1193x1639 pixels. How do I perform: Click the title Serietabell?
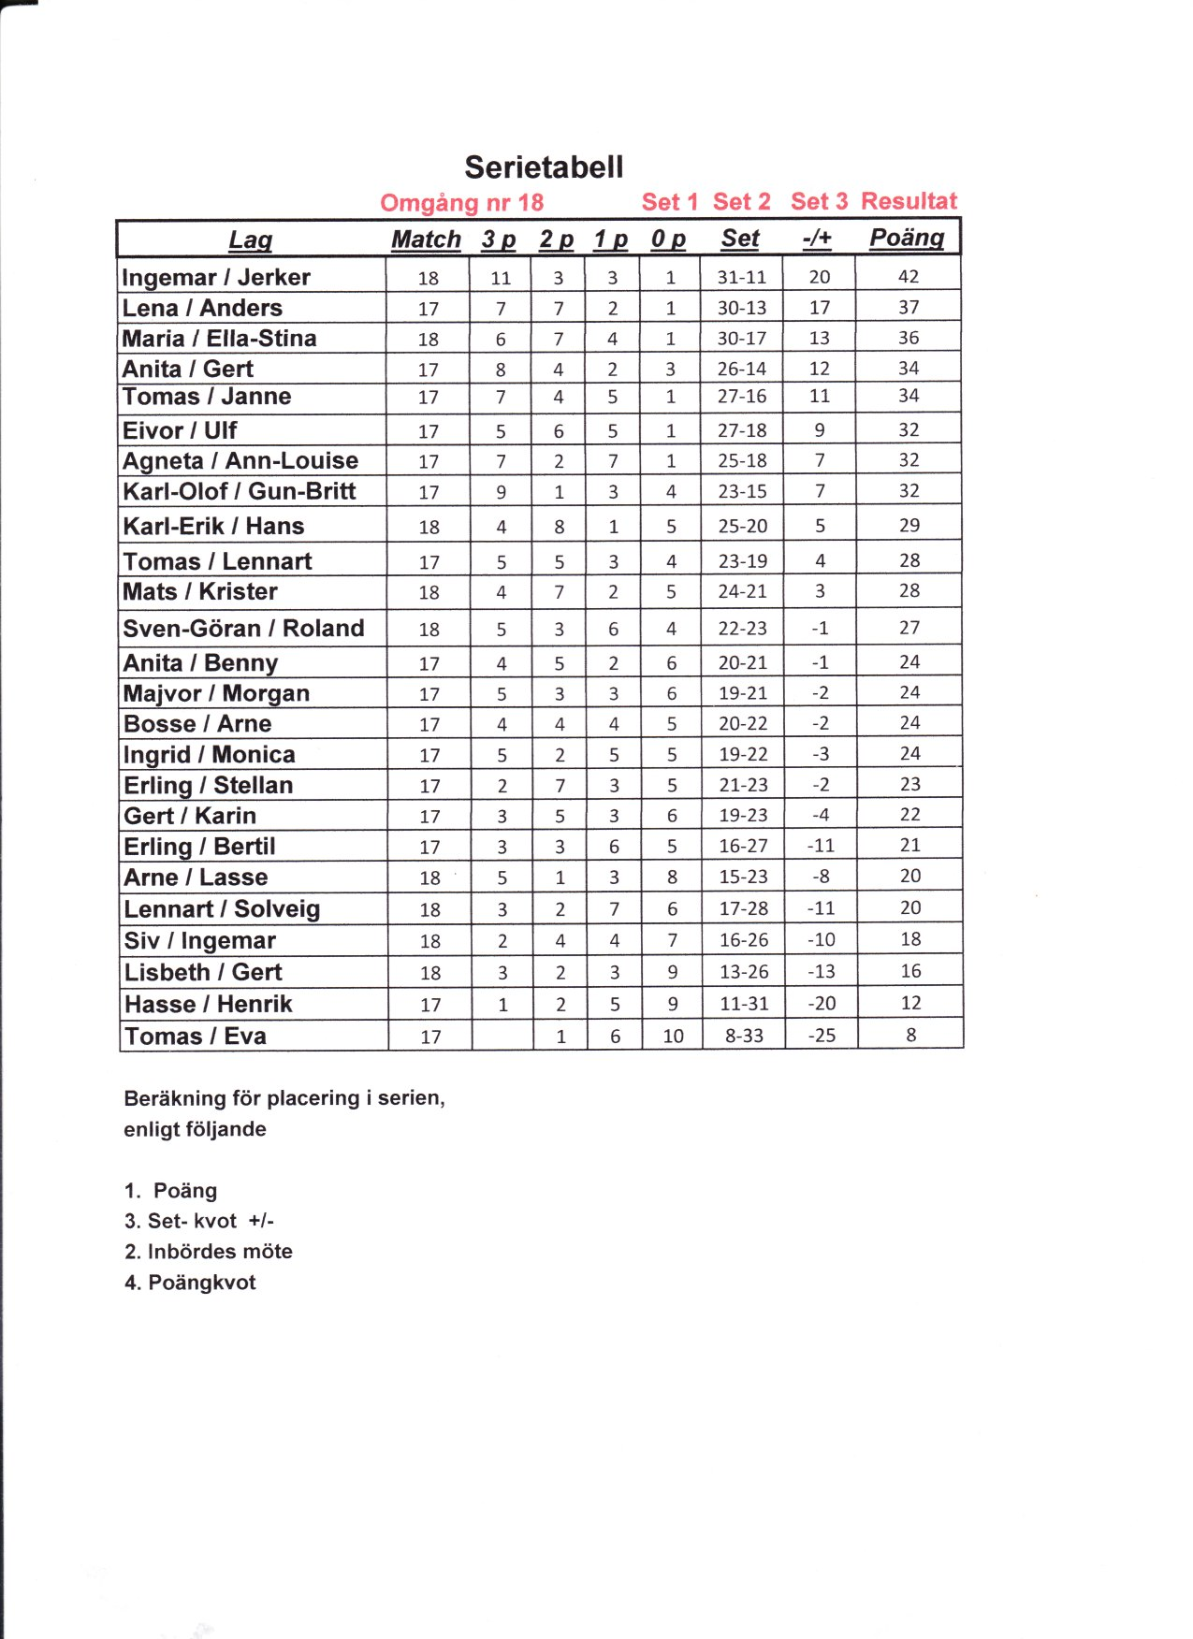coord(544,167)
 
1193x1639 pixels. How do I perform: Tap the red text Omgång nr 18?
coord(461,203)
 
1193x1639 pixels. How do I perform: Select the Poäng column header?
coord(906,238)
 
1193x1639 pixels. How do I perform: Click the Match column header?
coord(426,239)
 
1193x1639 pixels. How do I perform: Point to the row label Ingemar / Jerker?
coord(215,277)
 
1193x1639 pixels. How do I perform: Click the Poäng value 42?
coord(908,276)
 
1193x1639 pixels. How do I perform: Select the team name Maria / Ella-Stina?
coord(219,338)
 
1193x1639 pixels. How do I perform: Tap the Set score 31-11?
coord(741,277)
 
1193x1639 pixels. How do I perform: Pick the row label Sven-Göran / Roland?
coord(243,628)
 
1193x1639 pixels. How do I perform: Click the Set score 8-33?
coord(744,1036)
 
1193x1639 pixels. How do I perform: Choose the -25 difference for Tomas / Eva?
coord(821,1036)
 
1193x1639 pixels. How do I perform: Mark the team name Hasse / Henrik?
coord(208,1004)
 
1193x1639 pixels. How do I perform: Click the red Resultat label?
coord(909,201)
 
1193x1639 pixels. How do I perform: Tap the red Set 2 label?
coord(741,202)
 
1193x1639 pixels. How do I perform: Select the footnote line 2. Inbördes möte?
coord(208,1252)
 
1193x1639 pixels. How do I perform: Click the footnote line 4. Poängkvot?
coord(190,1283)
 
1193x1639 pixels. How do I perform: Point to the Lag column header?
coord(250,240)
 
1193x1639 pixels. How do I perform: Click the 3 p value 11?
coord(501,278)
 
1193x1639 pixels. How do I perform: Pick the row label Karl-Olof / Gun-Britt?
coord(239,491)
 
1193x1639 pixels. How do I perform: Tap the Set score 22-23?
coord(742,629)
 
